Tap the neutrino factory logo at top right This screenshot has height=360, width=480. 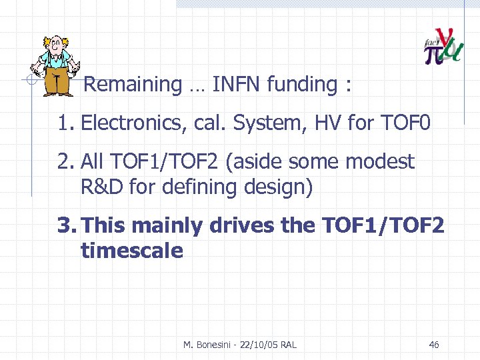click(x=443, y=47)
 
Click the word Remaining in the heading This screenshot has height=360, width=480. click(x=133, y=85)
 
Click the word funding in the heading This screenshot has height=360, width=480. click(x=301, y=85)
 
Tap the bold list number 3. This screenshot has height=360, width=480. click(x=65, y=225)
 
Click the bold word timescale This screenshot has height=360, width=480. click(x=131, y=251)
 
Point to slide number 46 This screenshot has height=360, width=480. click(x=434, y=345)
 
